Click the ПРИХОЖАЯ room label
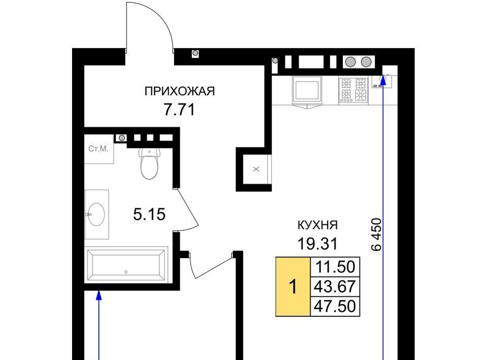[x=180, y=92]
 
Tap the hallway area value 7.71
[x=179, y=110]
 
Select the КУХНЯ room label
[x=318, y=225]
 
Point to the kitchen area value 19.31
[x=318, y=244]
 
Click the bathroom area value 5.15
[x=149, y=214]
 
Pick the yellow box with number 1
[x=293, y=286]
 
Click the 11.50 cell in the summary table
[x=335, y=267]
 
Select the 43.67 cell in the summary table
[x=335, y=286]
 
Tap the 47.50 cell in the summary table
[x=335, y=306]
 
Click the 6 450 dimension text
[x=376, y=234]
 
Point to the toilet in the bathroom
[x=149, y=163]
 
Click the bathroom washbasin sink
[x=96, y=214]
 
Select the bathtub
[x=126, y=265]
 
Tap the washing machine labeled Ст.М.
[x=99, y=149]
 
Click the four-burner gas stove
[x=354, y=90]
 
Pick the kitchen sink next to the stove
[x=307, y=90]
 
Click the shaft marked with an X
[x=256, y=169]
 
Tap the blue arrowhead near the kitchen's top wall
[x=383, y=80]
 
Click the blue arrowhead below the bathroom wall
[x=99, y=295]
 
